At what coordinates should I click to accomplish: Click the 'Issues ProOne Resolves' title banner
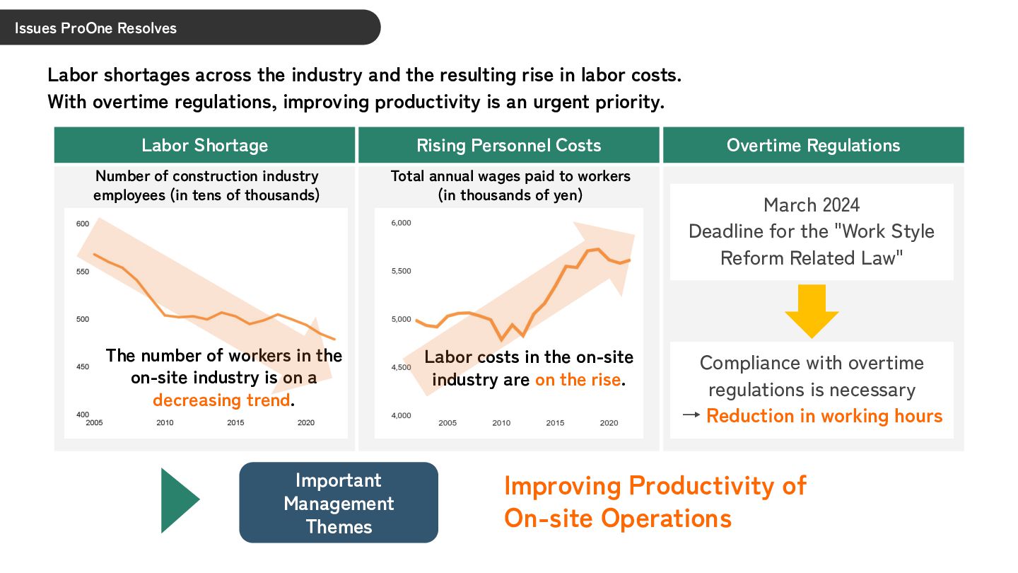coord(95,28)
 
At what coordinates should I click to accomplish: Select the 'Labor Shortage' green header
coord(205,146)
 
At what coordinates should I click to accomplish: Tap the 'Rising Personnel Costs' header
coord(509,146)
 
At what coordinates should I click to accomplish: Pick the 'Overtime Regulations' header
coord(813,146)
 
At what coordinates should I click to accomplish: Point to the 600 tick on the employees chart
coord(83,224)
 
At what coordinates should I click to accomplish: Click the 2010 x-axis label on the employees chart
coord(165,423)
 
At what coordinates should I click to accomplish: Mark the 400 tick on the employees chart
coord(83,415)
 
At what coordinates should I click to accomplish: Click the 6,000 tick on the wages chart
coord(401,224)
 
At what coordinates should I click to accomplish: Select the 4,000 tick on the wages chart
coord(401,415)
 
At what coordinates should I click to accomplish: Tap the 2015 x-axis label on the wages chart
coord(555,423)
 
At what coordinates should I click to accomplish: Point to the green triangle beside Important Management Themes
coord(179,500)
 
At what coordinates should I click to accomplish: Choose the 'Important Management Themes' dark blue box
coord(339,503)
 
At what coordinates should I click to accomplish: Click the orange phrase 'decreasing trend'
coord(221,400)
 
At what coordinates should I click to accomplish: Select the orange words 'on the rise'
coord(578,380)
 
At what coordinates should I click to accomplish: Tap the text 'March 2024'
coord(812,205)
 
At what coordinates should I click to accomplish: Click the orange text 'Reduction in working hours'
coord(824,416)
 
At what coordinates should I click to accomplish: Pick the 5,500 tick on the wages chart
coord(401,272)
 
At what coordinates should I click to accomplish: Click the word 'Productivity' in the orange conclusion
coord(718,486)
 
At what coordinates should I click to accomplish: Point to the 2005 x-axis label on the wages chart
coord(447,423)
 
